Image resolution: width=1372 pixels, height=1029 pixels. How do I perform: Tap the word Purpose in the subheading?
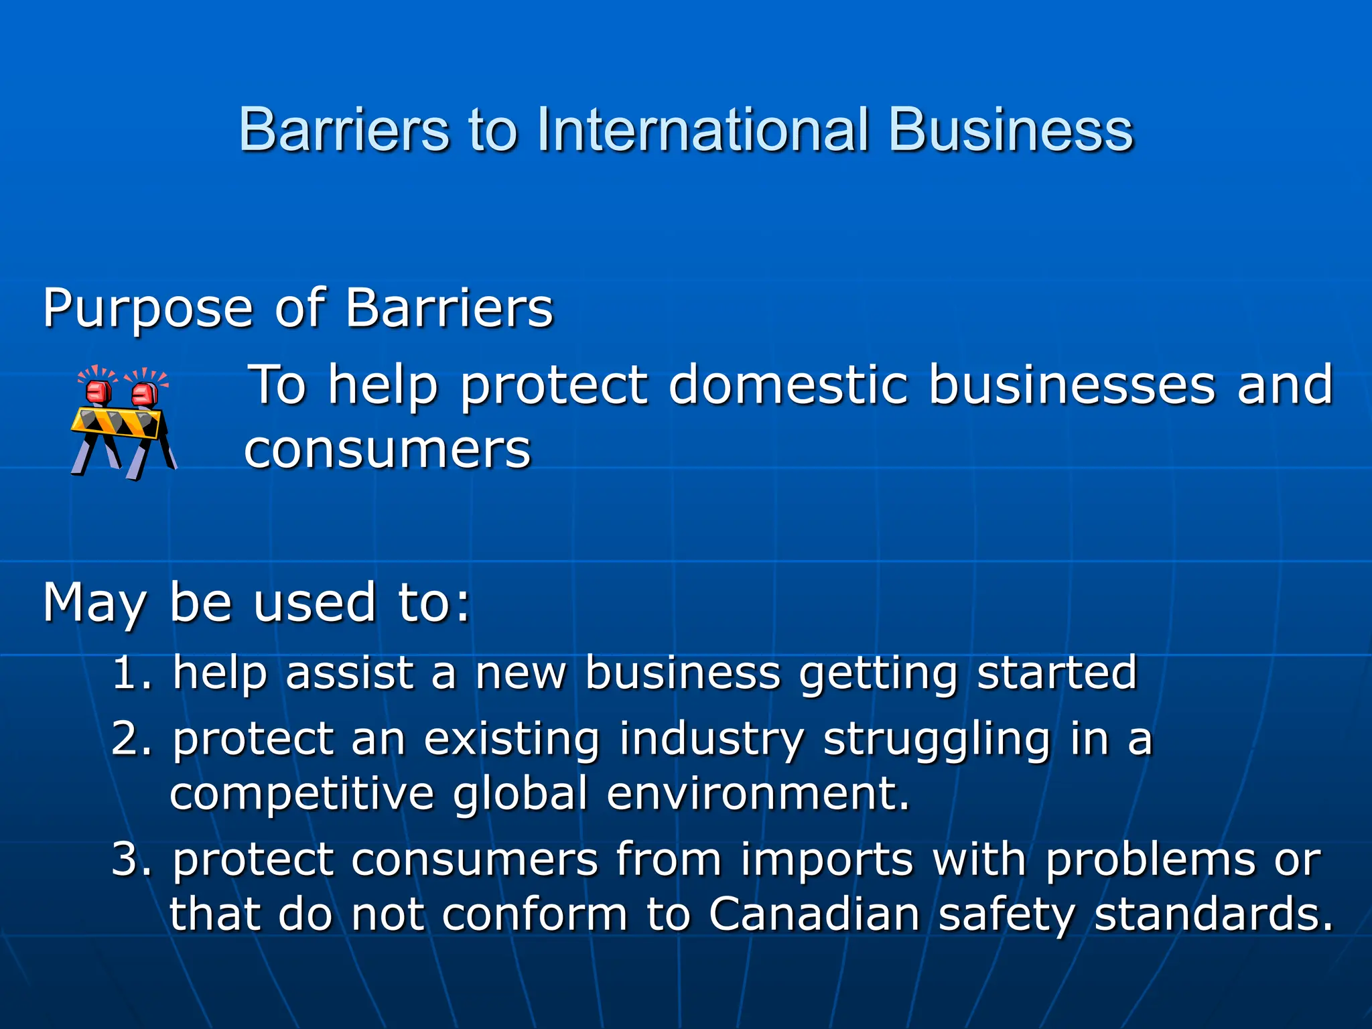point(147,309)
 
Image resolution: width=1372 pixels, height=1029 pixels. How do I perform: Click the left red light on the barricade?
point(99,392)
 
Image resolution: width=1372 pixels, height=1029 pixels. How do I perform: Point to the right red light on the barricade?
point(145,393)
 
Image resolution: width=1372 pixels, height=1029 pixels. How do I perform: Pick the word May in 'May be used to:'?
point(94,603)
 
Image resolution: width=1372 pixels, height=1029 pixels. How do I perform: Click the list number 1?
point(127,673)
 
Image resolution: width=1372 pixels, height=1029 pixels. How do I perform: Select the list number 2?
point(127,738)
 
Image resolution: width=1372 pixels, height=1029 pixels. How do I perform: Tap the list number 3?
point(127,859)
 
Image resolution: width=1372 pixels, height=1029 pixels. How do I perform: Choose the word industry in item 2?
point(711,740)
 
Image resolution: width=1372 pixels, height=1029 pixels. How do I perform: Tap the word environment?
point(757,793)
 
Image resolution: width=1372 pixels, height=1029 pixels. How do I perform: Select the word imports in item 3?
point(827,860)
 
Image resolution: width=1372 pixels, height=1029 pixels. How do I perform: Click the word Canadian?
point(814,914)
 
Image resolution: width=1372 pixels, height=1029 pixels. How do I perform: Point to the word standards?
point(1213,914)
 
